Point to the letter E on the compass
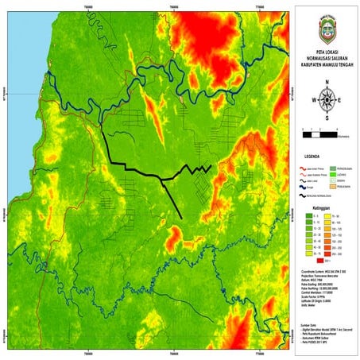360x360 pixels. [340, 100]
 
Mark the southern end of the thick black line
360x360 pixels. [183, 217]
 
